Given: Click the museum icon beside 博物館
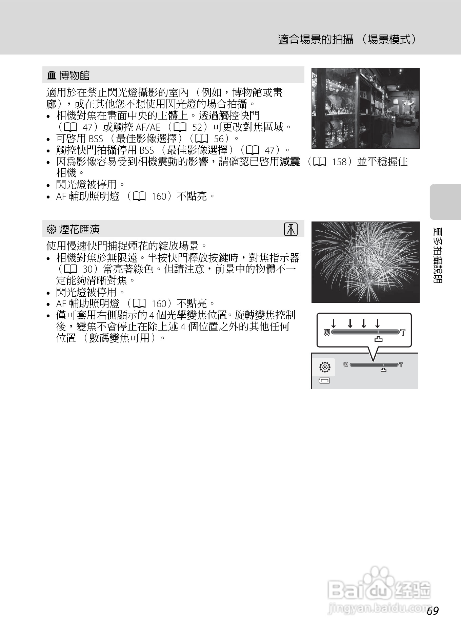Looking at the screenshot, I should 51,76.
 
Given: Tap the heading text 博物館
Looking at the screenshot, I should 74,76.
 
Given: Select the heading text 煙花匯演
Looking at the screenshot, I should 79,229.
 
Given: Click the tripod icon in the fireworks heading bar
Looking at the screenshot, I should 290,229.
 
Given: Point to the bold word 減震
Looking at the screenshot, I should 290,162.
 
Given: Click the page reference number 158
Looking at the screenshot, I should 339,162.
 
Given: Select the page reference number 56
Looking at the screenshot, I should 219,139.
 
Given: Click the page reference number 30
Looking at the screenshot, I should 88,269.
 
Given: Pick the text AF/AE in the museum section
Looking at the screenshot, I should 148,127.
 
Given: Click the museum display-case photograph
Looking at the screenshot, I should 365,108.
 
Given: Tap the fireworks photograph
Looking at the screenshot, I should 365,262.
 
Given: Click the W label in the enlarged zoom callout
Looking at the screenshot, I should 327,332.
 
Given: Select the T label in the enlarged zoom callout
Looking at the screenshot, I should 403,333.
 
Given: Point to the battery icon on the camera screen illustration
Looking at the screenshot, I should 324,381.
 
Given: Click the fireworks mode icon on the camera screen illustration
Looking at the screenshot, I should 324,367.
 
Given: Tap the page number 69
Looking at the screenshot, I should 433,611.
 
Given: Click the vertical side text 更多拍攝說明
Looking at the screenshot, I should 438,255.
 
